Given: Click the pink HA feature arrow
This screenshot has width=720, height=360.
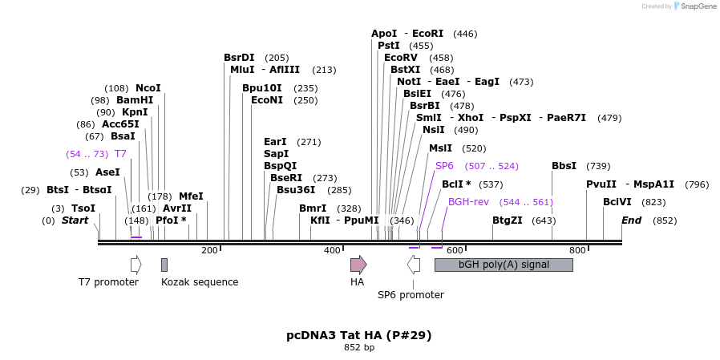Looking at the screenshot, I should [x=358, y=265].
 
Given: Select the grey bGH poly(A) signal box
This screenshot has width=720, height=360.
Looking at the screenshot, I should [x=504, y=265].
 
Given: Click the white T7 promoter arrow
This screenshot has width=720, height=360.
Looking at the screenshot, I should [x=136, y=265].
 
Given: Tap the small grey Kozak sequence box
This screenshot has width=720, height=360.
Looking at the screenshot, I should [x=164, y=265].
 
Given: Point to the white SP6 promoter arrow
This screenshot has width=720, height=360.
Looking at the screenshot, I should [x=414, y=265].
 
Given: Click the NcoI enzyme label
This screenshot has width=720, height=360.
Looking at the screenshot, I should [x=148, y=88].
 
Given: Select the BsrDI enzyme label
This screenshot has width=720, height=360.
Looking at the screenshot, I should [x=239, y=58].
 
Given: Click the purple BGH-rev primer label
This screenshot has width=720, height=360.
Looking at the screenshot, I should [x=468, y=202].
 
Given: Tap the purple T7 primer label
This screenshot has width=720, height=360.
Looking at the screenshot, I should [x=120, y=153].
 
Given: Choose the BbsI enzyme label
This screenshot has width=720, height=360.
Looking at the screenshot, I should [x=564, y=166].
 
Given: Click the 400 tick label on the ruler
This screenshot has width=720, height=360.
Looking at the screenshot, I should [x=332, y=251].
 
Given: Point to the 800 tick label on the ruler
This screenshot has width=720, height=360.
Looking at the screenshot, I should [x=577, y=251].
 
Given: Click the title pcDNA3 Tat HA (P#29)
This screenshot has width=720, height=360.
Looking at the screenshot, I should [x=359, y=335].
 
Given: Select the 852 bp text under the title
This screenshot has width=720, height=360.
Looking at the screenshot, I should [x=359, y=348].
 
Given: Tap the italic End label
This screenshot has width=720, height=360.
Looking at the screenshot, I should [x=631, y=220].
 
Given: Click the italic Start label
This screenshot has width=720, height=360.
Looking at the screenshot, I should [x=75, y=220].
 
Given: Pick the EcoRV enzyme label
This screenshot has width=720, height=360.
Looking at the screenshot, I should [x=401, y=58].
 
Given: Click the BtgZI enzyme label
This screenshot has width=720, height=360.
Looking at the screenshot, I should [x=508, y=220].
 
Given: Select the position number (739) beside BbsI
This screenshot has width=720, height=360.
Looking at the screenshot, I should [x=598, y=166].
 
